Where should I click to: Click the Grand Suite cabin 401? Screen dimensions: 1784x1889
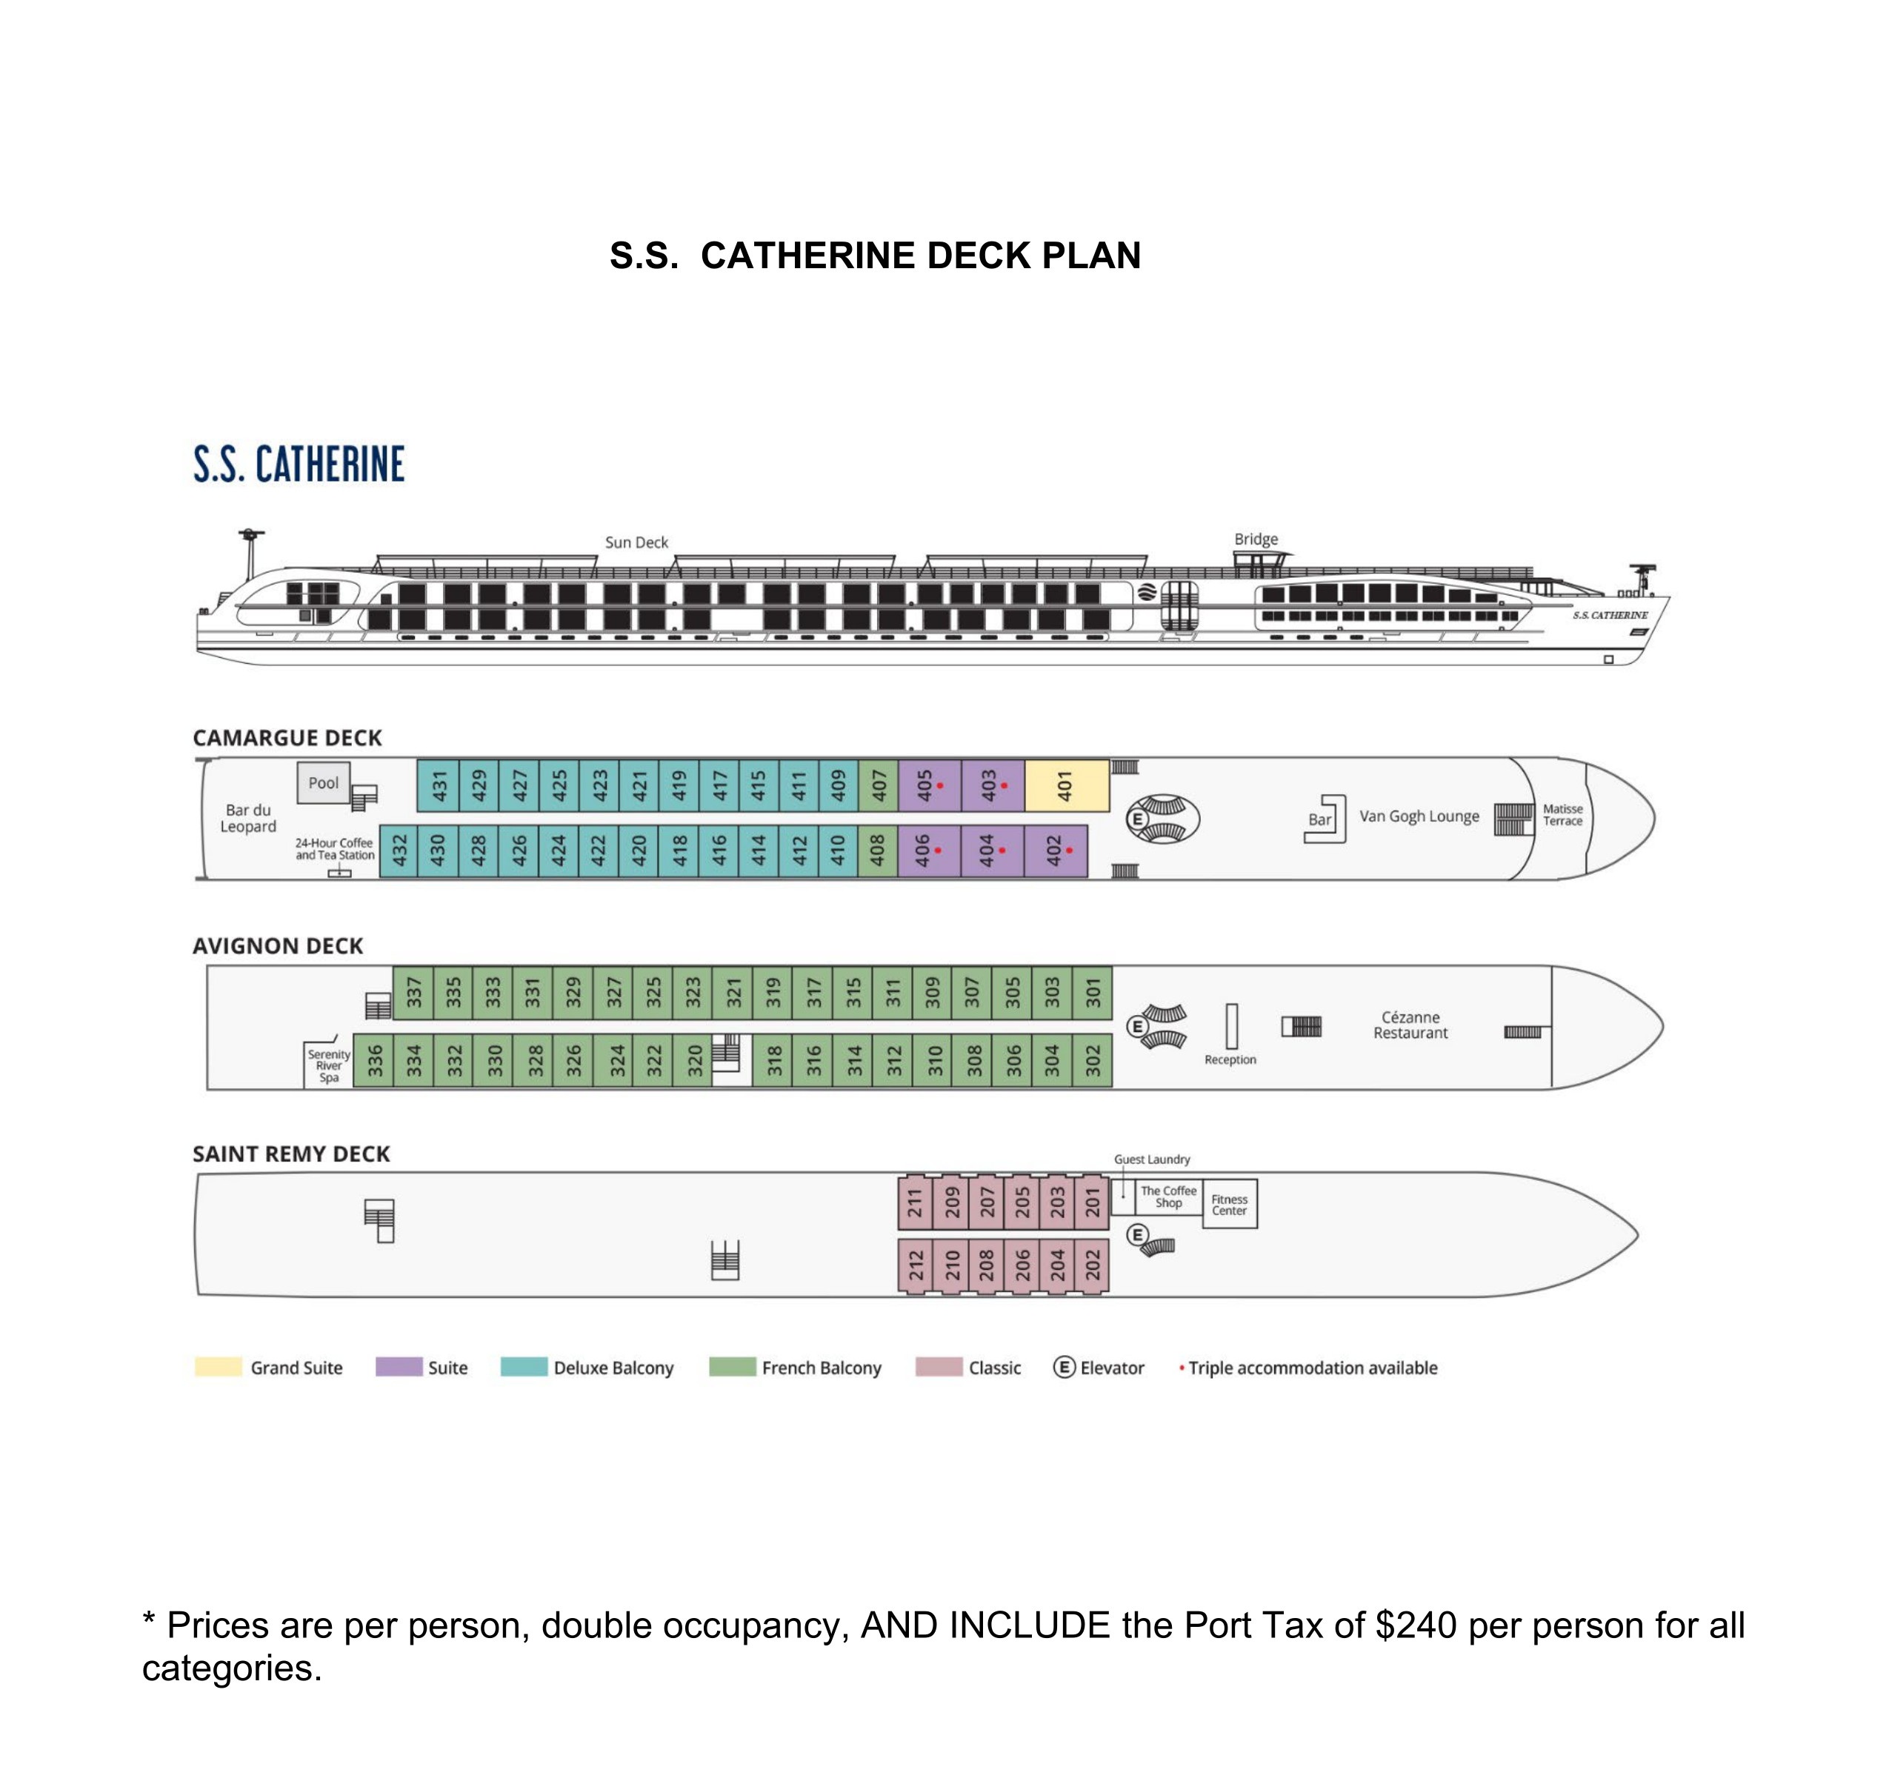(1066, 785)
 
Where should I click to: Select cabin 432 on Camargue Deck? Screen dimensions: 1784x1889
(400, 851)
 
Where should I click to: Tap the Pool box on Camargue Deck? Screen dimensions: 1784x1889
(323, 782)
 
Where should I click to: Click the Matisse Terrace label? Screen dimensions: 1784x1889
(1562, 815)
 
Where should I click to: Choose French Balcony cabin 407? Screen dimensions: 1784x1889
(879, 785)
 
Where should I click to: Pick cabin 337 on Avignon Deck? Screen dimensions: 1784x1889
(413, 993)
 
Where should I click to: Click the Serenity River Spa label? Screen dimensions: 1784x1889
(329, 1066)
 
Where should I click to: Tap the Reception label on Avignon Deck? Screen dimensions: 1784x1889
(1229, 1059)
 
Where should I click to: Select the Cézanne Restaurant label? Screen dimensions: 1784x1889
(1410, 1025)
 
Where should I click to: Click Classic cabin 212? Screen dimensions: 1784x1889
(916, 1265)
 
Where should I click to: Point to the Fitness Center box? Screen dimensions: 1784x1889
(1229, 1205)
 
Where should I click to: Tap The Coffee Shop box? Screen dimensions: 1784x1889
(1168, 1196)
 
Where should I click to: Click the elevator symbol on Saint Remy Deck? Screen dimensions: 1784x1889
(1137, 1235)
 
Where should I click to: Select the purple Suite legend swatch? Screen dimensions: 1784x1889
(399, 1367)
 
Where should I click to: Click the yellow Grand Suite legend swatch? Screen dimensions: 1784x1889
(218, 1367)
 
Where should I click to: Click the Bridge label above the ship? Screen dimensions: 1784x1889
(1256, 539)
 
